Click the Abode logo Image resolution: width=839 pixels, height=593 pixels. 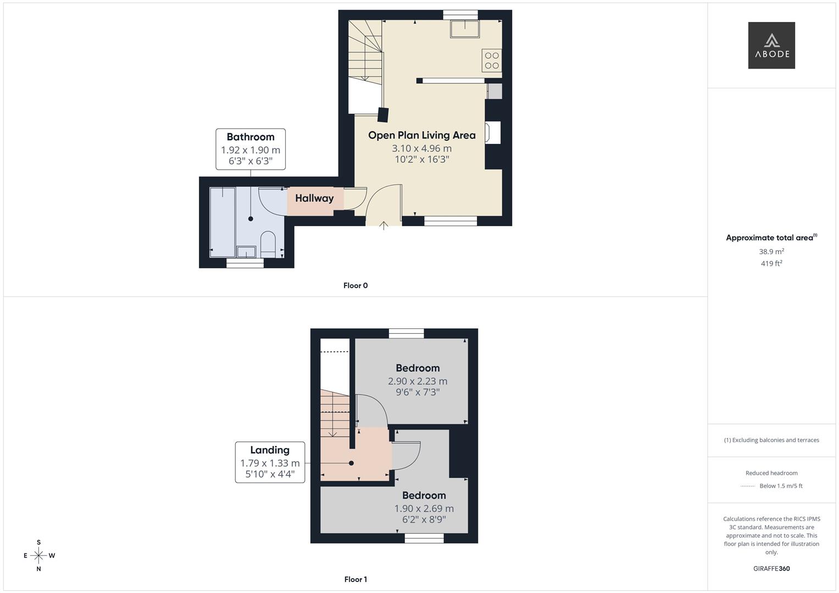click(771, 46)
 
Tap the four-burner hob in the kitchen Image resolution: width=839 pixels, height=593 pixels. click(492, 60)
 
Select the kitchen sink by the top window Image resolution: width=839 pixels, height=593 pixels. click(465, 29)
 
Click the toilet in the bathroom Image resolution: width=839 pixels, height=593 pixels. click(268, 243)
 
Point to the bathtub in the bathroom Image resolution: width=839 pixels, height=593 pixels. click(223, 222)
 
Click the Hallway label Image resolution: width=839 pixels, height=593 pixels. click(314, 198)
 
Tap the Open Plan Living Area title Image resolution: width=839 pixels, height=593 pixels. click(421, 135)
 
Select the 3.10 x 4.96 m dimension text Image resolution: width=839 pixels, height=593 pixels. click(421, 148)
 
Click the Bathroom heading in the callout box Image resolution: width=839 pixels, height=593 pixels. click(250, 137)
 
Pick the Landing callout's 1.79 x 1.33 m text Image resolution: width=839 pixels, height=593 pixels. click(270, 463)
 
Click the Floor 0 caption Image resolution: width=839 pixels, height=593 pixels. click(355, 286)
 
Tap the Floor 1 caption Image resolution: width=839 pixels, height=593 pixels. click(355, 579)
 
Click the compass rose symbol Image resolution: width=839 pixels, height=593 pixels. click(38, 556)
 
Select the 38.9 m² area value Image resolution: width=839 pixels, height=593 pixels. click(771, 251)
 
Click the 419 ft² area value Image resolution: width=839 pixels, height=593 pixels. click(771, 264)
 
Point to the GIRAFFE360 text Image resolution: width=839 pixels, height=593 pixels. click(771, 568)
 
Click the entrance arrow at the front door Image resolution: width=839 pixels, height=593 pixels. click(384, 225)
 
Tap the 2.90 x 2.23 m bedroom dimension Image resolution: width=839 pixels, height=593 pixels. click(418, 381)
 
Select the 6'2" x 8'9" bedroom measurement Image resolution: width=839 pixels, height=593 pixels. click(424, 519)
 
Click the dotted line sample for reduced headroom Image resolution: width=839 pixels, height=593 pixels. click(748, 486)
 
